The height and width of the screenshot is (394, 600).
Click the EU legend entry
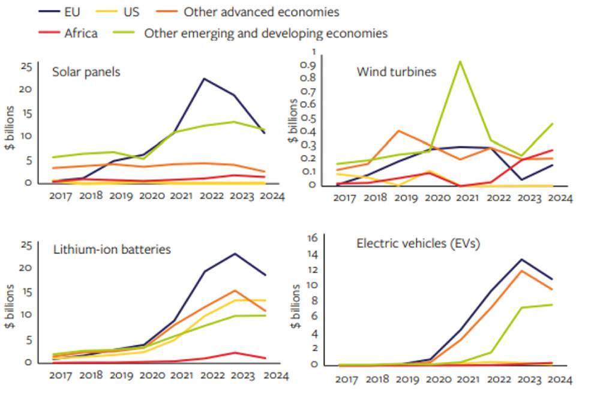click(73, 11)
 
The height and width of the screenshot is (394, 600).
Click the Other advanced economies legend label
click(261, 11)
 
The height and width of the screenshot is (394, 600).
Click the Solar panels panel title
click(86, 72)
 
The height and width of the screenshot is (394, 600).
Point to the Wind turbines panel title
click(396, 72)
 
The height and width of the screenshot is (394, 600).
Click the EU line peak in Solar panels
click(204, 79)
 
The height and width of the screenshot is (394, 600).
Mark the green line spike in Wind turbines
click(460, 61)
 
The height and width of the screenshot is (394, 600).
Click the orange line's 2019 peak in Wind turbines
click(398, 131)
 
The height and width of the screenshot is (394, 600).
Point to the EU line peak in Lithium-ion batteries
click(235, 254)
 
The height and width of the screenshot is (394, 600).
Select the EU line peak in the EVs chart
click(522, 260)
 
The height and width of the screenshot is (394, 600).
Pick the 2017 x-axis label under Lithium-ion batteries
click(60, 376)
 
